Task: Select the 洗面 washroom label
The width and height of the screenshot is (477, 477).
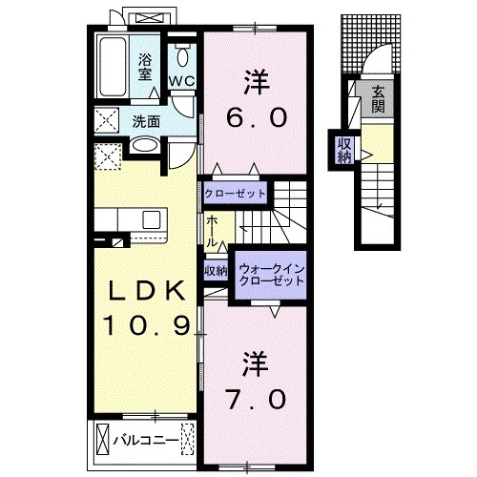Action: (x=146, y=121)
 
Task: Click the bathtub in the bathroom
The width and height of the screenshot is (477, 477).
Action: (x=114, y=67)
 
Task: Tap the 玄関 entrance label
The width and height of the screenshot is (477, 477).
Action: (x=379, y=97)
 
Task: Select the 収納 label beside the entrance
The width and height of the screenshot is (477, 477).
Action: (x=344, y=150)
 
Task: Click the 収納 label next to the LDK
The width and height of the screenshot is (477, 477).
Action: (x=216, y=270)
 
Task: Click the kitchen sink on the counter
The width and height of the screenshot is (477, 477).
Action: (x=151, y=221)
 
